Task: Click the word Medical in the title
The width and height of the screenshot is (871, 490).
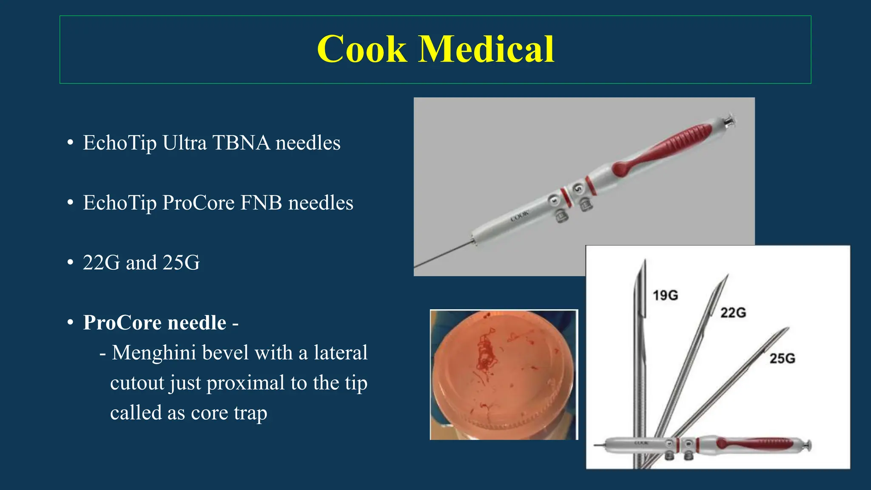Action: tap(487, 50)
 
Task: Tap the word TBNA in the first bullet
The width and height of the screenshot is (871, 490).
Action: tap(241, 142)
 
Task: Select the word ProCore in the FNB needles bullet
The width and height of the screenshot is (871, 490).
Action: tap(198, 202)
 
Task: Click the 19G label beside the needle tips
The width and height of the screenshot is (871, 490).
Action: tap(665, 295)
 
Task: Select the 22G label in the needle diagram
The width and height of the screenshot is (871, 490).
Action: tap(733, 313)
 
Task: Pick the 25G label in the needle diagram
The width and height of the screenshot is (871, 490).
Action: tap(782, 359)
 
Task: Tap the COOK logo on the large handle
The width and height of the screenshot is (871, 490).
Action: tap(520, 216)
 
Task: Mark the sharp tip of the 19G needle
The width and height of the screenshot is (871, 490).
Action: tap(645, 260)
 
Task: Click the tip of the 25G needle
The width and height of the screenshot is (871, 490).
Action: tap(788, 328)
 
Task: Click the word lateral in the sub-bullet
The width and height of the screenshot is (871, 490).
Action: tap(340, 353)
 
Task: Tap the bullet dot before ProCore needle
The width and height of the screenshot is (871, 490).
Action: tap(70, 322)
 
